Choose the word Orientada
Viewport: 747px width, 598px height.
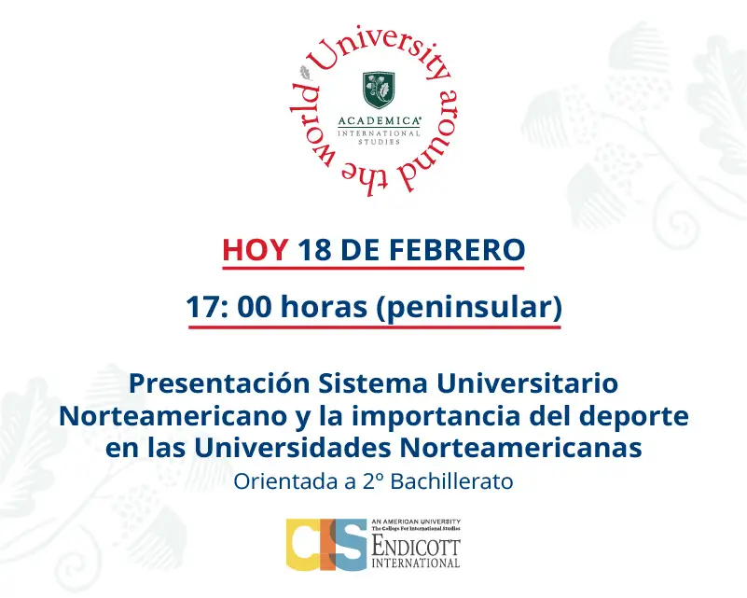pos(272,482)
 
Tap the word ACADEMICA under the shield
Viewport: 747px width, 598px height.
pos(379,121)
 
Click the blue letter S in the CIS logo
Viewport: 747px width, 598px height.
pos(351,545)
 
